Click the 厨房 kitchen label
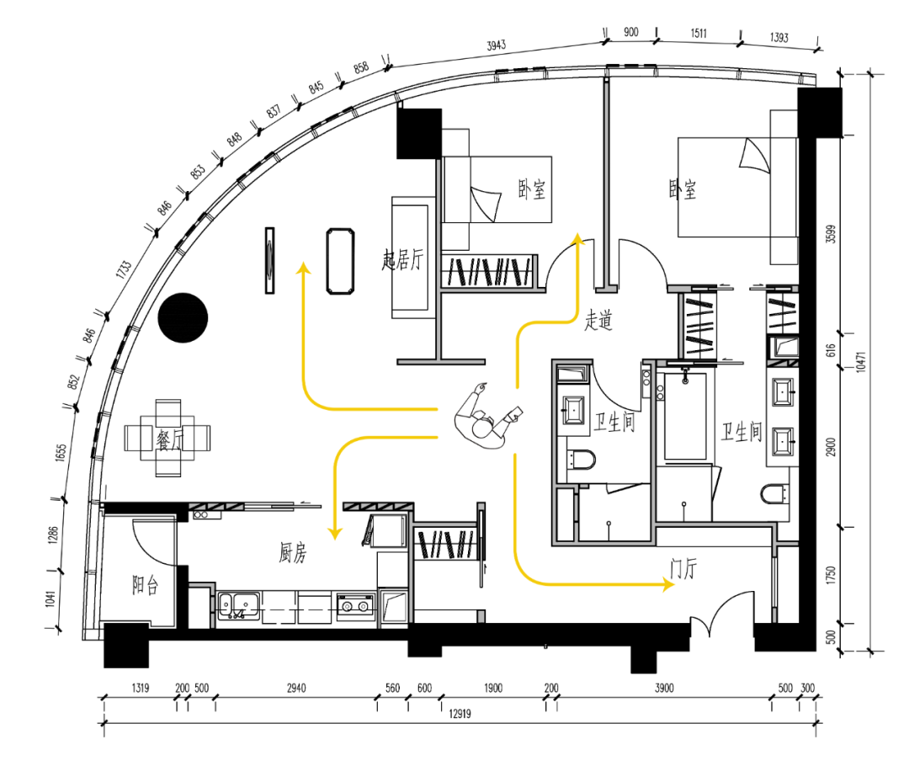click(293, 552)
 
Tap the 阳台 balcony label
click(145, 585)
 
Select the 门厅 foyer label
click(683, 568)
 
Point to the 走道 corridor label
click(598, 319)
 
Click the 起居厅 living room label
click(402, 260)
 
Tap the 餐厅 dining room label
click(168, 439)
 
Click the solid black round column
click(183, 317)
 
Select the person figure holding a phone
click(487, 415)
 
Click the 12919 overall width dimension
click(460, 714)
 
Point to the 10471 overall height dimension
click(861, 362)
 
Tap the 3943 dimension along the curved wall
click(497, 45)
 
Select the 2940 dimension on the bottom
click(296, 688)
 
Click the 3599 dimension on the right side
click(831, 234)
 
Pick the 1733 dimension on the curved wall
click(124, 269)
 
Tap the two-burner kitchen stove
click(355, 606)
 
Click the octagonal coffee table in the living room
click(340, 261)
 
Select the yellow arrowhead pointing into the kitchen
click(334, 533)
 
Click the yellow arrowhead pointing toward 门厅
click(668, 583)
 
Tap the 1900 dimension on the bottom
click(493, 688)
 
